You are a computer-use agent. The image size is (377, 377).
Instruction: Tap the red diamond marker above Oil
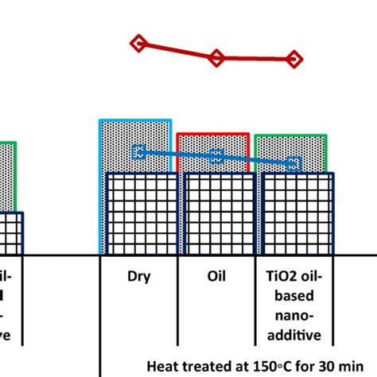point(216,57)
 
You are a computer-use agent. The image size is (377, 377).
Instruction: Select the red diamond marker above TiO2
point(293,58)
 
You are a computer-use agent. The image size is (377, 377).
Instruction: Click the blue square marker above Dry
point(138,151)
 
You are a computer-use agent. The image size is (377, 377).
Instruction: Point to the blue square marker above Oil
point(216,157)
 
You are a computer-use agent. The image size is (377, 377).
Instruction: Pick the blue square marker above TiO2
point(293,165)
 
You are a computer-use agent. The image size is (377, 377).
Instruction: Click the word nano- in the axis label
point(294,317)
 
